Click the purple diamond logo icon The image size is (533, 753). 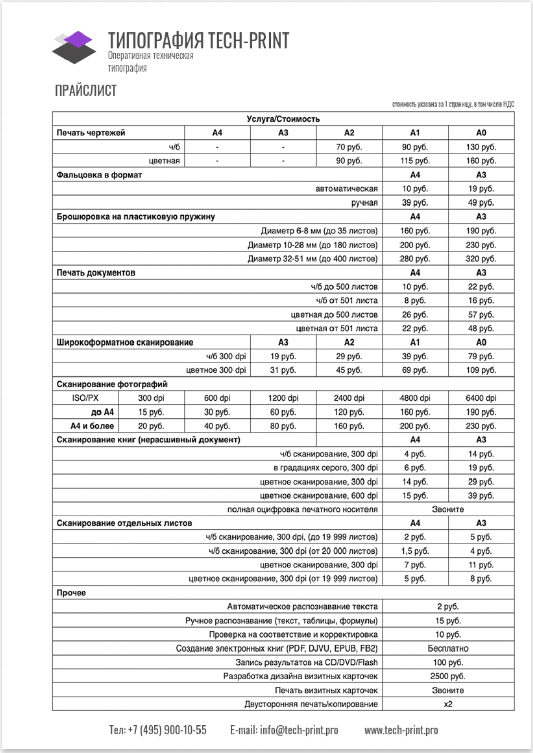point(74,47)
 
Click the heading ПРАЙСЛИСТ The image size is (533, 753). point(86,91)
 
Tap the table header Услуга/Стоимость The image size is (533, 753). point(283,119)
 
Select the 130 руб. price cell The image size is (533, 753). point(481,147)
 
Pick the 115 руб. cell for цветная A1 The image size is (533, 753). point(415,161)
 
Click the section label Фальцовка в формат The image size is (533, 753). point(99,175)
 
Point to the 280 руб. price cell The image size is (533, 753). point(415,259)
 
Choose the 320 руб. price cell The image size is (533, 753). point(481,259)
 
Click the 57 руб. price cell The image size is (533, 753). point(481,315)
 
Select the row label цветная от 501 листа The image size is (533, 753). point(337,328)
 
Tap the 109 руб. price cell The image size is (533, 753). point(481,370)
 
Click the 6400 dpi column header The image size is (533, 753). point(481,398)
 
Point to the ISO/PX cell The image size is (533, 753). point(85,398)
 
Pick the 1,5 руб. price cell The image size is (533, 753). point(415,551)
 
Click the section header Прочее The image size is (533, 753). point(72,593)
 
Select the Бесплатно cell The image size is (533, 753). point(448,648)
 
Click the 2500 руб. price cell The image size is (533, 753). point(448,676)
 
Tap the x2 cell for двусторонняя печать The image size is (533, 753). point(448,704)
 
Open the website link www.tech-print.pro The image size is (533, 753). point(401,730)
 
